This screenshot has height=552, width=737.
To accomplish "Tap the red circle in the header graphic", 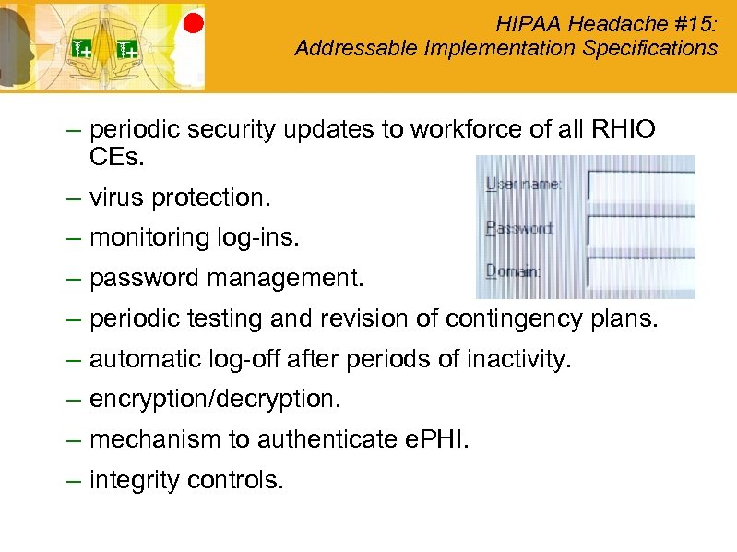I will [193, 23].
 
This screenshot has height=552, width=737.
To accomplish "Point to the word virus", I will [117, 198].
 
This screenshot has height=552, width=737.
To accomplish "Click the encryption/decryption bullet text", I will [215, 400].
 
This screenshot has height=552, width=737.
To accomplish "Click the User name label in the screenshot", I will [523, 185].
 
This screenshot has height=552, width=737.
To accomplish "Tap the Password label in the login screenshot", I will [519, 228].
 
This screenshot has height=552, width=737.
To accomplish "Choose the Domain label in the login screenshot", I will [514, 271].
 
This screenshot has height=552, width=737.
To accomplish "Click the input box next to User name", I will [640, 186].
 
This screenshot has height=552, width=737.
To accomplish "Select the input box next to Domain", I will [640, 274].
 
